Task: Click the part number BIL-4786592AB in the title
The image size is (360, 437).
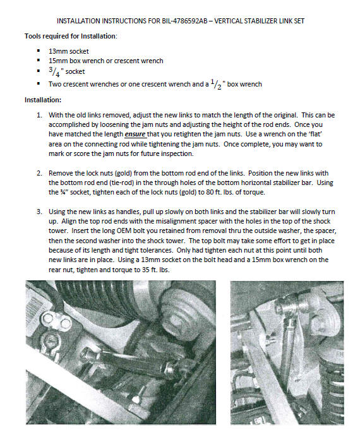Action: (184, 21)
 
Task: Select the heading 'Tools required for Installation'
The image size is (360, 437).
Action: (71, 36)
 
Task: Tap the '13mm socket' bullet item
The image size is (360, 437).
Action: (69, 51)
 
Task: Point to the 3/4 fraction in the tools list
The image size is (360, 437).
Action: (54, 71)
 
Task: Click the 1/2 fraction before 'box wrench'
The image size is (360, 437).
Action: (217, 84)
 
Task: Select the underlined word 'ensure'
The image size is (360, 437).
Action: (135, 135)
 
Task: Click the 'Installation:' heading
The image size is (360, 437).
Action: (43, 100)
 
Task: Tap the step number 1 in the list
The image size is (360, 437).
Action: (40, 115)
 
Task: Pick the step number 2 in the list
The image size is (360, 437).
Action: (40, 173)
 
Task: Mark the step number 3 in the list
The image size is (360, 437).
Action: (40, 212)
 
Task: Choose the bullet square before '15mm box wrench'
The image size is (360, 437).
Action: (39, 60)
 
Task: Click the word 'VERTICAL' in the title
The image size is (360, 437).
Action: (229, 21)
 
